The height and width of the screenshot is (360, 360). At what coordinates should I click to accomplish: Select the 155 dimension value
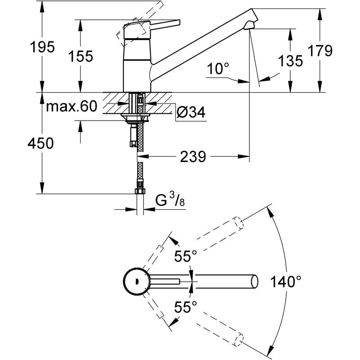[81, 56]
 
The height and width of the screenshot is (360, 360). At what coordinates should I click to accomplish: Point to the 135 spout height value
[290, 61]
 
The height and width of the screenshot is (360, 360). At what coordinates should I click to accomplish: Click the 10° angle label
[218, 69]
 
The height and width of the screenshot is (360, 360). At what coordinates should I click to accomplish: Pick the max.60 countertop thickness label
[72, 107]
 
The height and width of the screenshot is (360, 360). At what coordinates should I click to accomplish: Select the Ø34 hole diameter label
[190, 112]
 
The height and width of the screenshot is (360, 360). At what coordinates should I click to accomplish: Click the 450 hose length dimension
[41, 143]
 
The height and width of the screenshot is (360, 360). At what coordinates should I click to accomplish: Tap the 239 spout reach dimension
[193, 157]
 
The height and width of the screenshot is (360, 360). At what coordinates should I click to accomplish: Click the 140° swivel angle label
[285, 282]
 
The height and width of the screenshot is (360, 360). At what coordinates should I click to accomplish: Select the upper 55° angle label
[186, 257]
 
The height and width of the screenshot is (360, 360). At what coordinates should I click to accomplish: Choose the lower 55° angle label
[186, 307]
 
